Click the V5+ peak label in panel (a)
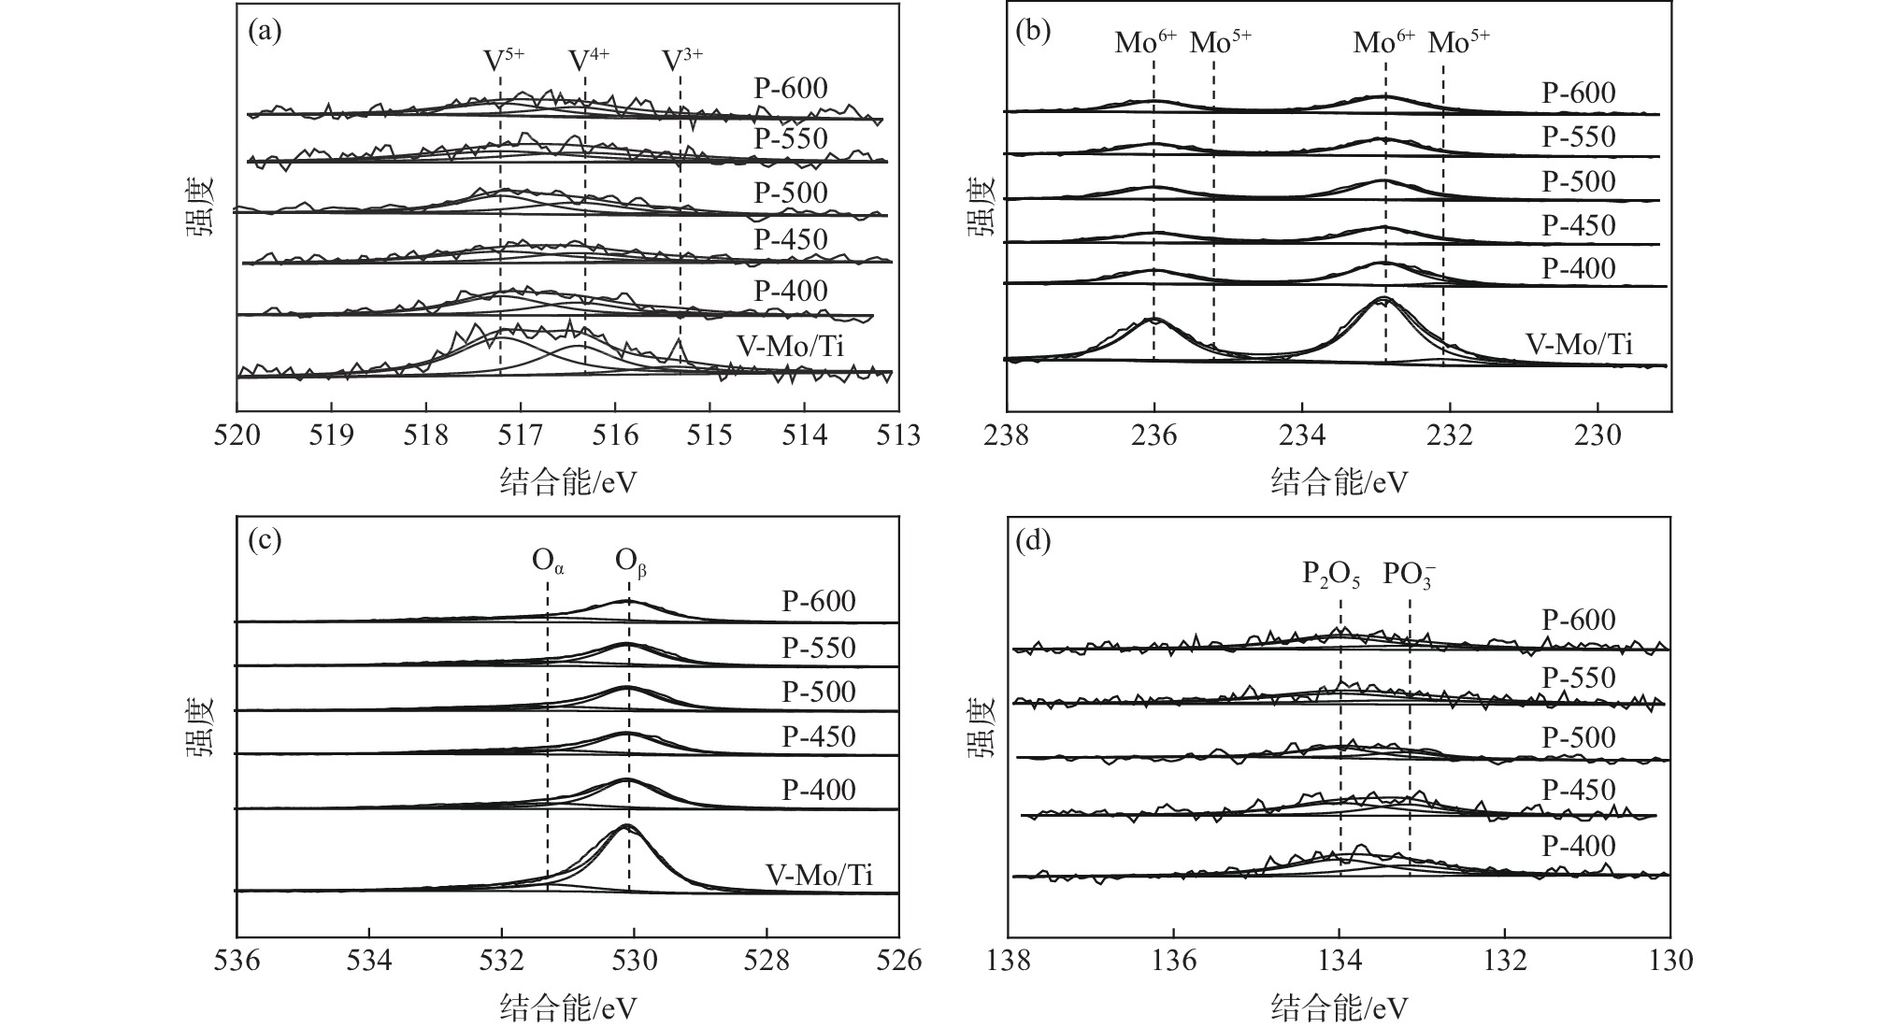click(x=503, y=61)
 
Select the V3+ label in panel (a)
click(x=681, y=61)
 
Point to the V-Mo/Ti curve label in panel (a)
click(x=790, y=347)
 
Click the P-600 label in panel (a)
click(x=791, y=89)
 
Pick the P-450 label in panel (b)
click(x=1579, y=225)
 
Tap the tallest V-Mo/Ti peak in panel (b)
click(x=1383, y=299)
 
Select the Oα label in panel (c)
click(x=548, y=562)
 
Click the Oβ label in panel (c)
click(x=631, y=562)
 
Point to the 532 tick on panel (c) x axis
click(x=502, y=960)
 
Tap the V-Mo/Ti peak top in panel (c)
click(x=625, y=826)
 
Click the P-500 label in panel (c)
click(x=819, y=692)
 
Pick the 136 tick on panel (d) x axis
click(x=1173, y=960)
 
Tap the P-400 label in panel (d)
click(x=1579, y=847)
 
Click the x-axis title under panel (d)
click(x=1339, y=1008)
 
